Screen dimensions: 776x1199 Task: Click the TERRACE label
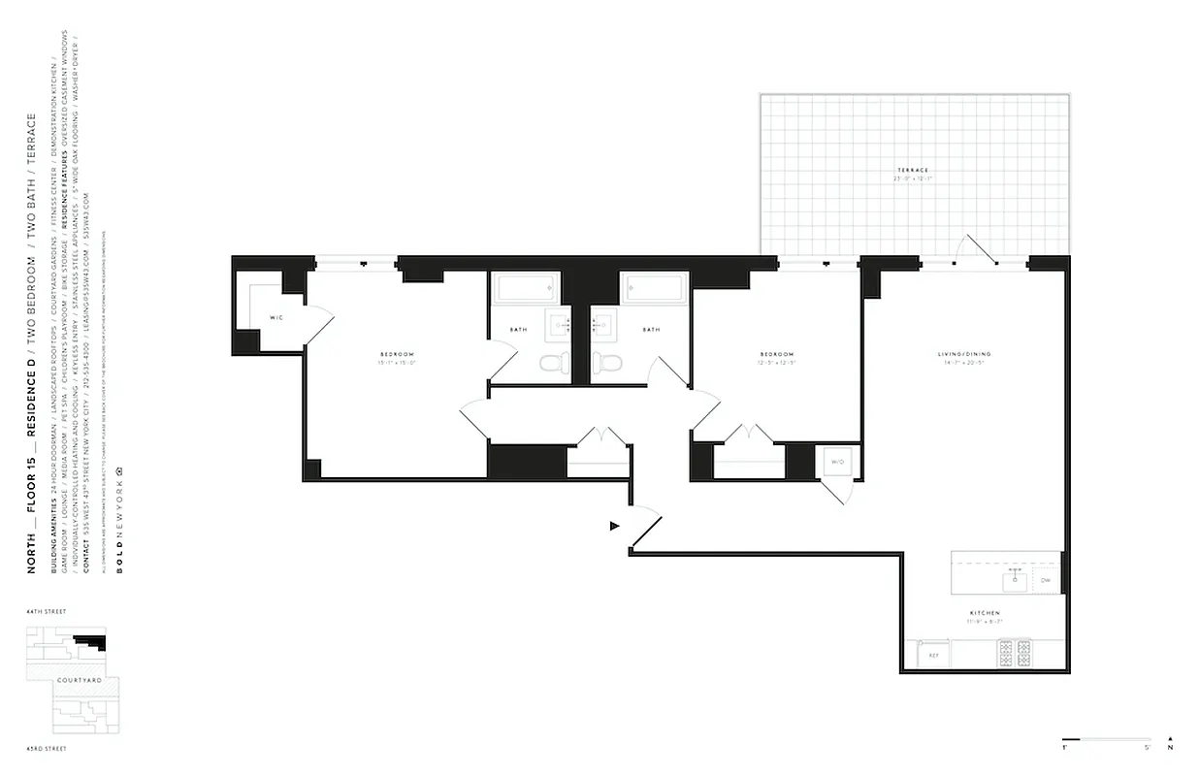click(913, 171)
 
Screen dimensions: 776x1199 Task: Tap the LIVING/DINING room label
click(964, 354)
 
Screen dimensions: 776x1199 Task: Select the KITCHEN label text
click(984, 613)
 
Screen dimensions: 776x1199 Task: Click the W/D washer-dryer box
click(836, 463)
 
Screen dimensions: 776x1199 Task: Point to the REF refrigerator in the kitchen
click(933, 656)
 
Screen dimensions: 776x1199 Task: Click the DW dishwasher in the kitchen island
click(1045, 580)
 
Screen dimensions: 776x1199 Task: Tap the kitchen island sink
click(1017, 580)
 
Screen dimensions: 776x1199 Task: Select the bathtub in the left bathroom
click(525, 288)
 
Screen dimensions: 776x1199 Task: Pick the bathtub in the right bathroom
click(654, 288)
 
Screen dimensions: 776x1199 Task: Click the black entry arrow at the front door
click(614, 526)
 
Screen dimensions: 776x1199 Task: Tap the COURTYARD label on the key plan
click(73, 680)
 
